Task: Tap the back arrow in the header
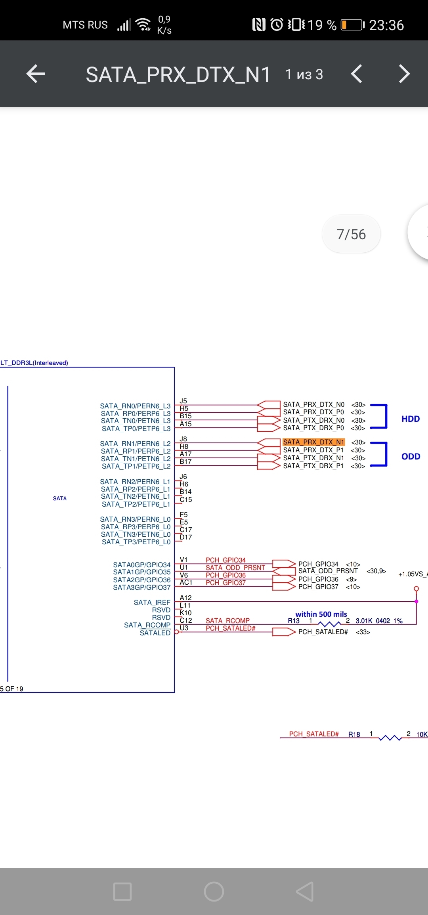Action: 36,74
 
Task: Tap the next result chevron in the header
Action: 404,74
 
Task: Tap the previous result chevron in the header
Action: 357,74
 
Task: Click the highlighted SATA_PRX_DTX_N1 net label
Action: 313,442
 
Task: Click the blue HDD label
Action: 411,419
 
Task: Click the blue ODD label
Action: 411,457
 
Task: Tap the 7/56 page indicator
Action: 351,234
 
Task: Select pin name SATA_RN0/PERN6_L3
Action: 135,406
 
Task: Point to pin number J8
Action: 183,439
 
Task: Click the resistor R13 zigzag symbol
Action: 329,624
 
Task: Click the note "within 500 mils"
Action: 321,614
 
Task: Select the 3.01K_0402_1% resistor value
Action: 379,621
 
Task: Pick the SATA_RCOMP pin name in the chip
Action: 147,625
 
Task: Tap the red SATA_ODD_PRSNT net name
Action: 235,568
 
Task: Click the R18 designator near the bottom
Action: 354,734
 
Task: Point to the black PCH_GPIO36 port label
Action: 318,579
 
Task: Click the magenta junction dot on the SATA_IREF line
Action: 416,602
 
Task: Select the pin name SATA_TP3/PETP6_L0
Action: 136,542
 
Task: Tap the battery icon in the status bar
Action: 352,25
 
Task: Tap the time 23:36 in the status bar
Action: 386,25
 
